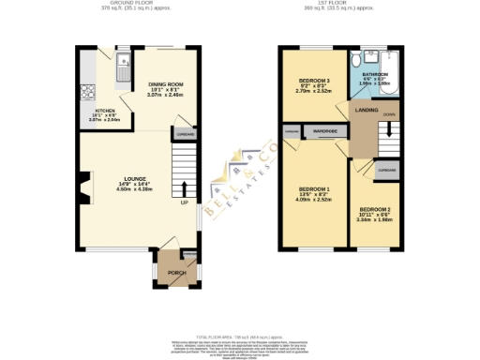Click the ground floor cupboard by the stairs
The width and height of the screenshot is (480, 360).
(183, 134)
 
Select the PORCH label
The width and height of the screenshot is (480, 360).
(175, 273)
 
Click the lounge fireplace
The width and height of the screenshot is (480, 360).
(85, 188)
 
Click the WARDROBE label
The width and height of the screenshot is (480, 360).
(325, 132)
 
